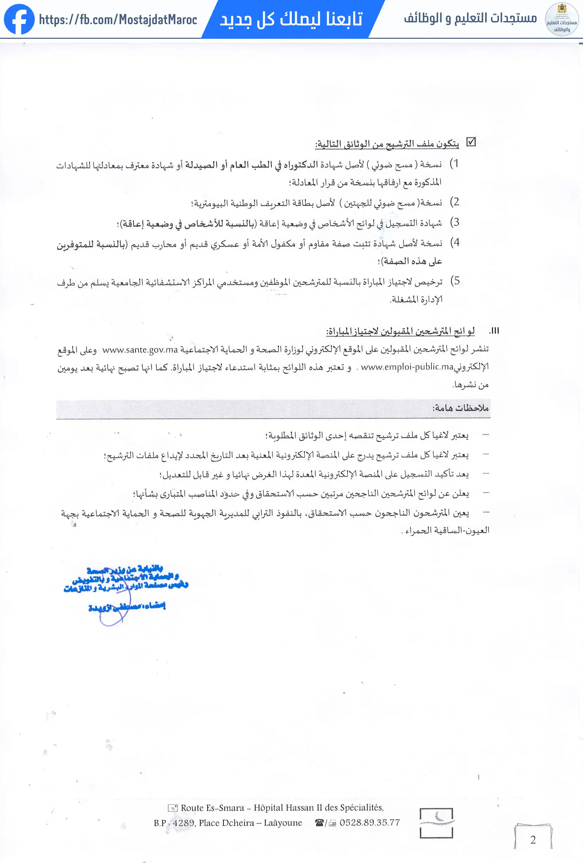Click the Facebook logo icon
(x=19, y=19)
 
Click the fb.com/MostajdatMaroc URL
(x=118, y=19)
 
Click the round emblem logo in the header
(x=561, y=19)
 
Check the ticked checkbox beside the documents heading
(x=471, y=142)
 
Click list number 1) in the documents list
(x=454, y=164)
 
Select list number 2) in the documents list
(x=454, y=202)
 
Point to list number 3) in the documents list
(x=454, y=222)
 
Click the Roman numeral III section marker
(x=494, y=331)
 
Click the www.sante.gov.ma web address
(x=140, y=350)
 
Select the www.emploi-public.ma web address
(x=407, y=367)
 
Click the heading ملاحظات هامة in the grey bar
(x=460, y=408)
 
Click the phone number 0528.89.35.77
(x=369, y=822)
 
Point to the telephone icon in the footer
(x=319, y=823)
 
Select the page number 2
(x=533, y=840)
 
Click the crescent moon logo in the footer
(x=436, y=823)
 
